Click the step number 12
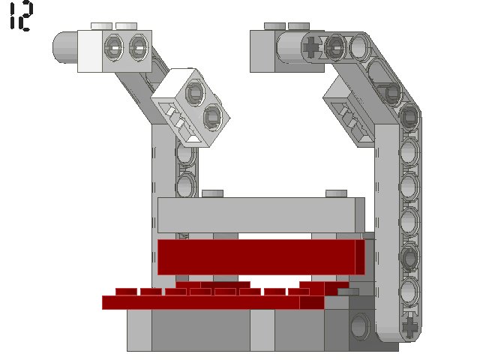point(21,16)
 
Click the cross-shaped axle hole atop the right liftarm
point(312,47)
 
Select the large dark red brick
point(261,257)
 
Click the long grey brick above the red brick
point(261,215)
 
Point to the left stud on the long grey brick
point(212,193)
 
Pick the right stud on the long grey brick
point(336,193)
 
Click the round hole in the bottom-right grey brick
point(360,326)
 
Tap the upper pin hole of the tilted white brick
point(195,91)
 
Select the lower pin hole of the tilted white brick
point(212,117)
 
